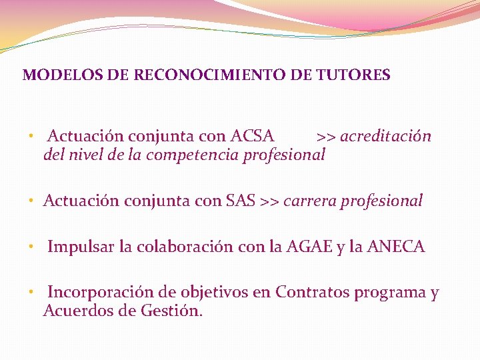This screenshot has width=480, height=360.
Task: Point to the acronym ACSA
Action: (x=253, y=137)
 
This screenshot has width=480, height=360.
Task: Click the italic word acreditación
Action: (x=385, y=137)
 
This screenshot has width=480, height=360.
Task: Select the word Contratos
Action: (x=312, y=293)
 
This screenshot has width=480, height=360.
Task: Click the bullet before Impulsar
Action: (x=31, y=248)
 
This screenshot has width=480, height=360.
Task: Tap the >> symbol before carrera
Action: (x=269, y=201)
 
